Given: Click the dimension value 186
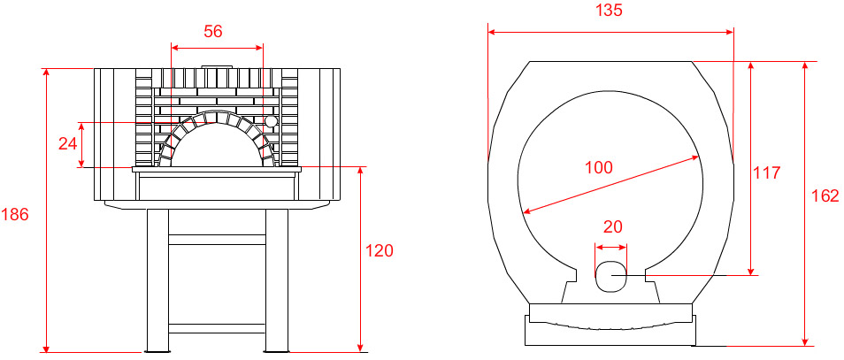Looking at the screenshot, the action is coord(13,215).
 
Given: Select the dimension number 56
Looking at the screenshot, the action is coord(213,31).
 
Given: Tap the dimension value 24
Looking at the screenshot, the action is coord(68,143).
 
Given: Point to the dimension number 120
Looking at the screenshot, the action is coord(380,250).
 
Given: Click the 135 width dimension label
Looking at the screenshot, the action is coord(610,11).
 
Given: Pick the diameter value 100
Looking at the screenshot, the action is coord(599,168).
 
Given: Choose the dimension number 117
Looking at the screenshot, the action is coord(766,172).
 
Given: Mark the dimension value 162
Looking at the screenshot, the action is coord(825,195).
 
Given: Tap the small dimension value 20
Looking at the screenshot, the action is coord(612,226).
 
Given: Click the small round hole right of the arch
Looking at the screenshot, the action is coord(270,121).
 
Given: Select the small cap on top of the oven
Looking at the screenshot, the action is coord(218,67).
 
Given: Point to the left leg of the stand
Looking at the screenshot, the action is coord(157,280).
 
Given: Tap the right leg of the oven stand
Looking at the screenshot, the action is coord(277,280).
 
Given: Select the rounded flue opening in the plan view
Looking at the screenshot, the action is coord(611,276).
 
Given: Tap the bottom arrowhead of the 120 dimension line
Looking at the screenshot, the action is coord(361,347).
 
